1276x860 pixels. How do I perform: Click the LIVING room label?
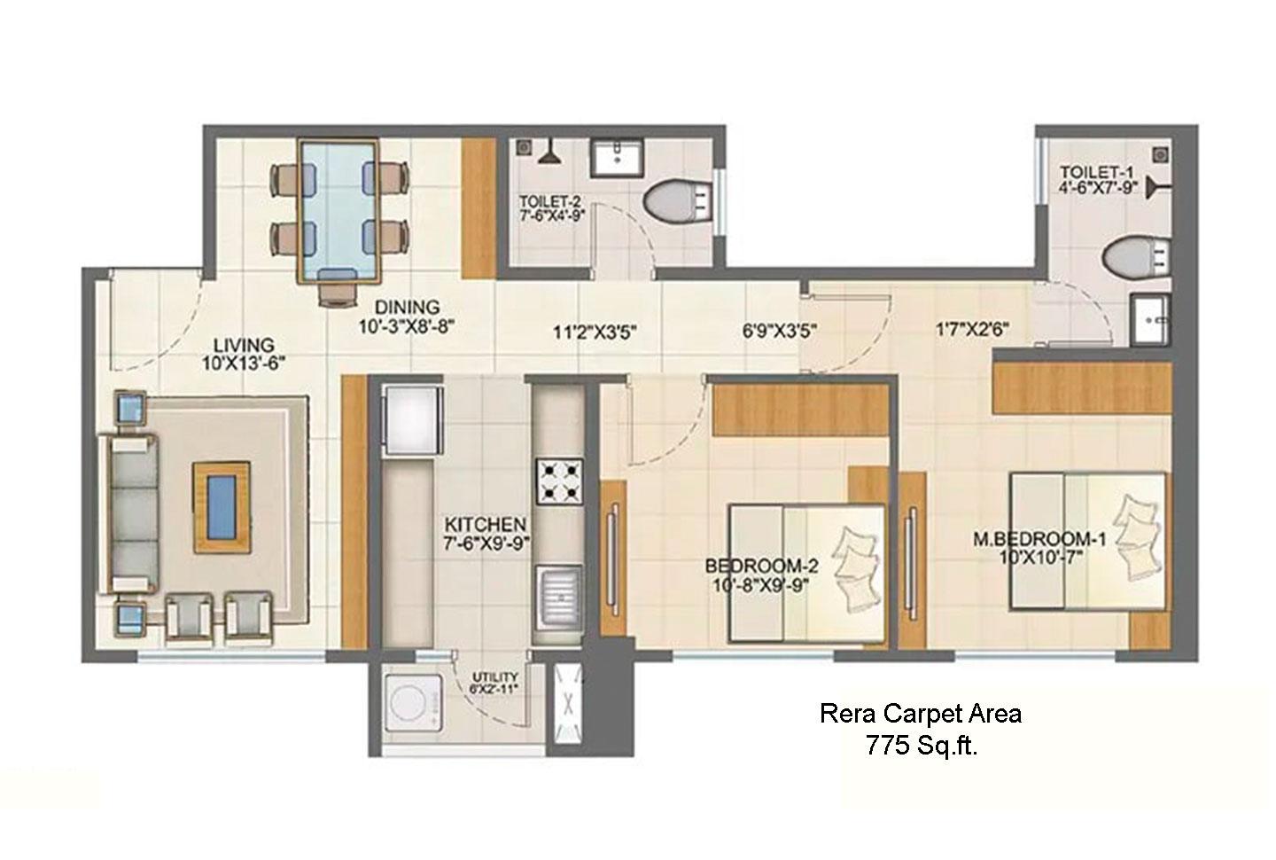click(x=244, y=346)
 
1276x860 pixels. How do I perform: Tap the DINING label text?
click(x=408, y=308)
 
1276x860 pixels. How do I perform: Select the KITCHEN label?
click(x=486, y=524)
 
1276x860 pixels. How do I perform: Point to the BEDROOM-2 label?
click(x=762, y=566)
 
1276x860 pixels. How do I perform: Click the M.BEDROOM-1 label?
click(x=1039, y=539)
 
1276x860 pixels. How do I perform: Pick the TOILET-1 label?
click(x=1097, y=172)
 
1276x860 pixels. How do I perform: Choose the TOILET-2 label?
click(x=550, y=202)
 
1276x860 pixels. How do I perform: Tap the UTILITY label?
click(x=495, y=677)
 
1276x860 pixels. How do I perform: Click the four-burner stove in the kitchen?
click(x=559, y=481)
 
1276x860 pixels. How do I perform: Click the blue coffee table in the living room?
click(x=222, y=507)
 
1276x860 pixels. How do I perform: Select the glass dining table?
click(x=339, y=210)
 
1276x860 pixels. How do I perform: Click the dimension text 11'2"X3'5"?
click(x=595, y=332)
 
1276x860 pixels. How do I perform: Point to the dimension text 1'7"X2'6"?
click(x=972, y=329)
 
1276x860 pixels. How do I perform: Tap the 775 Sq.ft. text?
click(x=922, y=745)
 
